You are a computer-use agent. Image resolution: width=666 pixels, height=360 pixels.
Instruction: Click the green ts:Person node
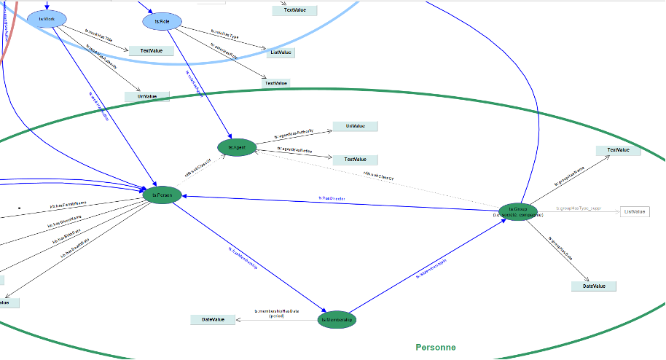(x=161, y=195)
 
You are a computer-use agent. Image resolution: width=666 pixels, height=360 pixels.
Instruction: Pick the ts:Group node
(x=518, y=211)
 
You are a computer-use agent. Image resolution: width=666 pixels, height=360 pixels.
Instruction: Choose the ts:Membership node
(x=337, y=319)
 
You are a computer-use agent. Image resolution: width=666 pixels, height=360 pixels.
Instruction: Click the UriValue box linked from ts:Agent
(x=356, y=126)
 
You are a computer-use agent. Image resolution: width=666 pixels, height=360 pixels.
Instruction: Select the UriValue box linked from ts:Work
(x=147, y=96)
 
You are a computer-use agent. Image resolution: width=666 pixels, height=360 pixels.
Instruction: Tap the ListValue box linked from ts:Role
(x=281, y=52)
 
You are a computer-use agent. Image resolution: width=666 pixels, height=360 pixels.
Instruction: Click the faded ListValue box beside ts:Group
(x=634, y=211)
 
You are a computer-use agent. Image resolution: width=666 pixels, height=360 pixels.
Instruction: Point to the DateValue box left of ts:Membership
(x=213, y=319)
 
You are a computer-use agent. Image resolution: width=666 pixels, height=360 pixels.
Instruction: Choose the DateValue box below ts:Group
(x=594, y=286)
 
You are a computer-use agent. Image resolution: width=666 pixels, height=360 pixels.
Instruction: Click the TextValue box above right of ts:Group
(x=618, y=150)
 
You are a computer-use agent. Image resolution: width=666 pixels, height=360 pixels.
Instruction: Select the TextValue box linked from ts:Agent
(x=356, y=159)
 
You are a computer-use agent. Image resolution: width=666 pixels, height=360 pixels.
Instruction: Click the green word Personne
(x=435, y=348)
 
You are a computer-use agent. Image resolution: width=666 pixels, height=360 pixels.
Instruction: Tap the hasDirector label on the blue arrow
(x=332, y=198)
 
